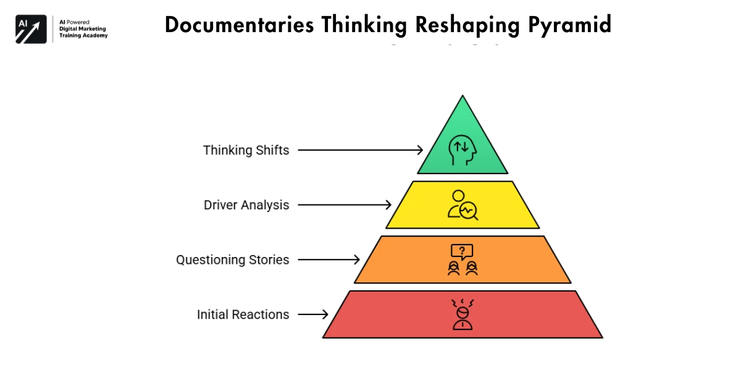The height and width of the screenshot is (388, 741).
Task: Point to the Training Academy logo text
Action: point(83,35)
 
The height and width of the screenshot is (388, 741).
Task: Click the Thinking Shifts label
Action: point(246,150)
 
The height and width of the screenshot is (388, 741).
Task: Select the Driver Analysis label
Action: point(246,205)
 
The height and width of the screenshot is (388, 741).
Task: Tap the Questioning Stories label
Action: point(232,259)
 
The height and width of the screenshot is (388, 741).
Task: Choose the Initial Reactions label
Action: point(243,314)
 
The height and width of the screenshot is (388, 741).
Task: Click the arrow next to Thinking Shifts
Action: point(360,150)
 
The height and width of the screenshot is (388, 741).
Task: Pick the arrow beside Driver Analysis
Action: point(344,205)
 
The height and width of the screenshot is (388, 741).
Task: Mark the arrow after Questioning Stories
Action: point(329,259)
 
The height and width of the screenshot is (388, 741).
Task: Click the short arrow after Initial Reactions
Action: point(312,314)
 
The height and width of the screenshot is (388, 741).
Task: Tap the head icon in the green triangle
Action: point(463,150)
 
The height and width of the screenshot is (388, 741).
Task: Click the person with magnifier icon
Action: point(463,205)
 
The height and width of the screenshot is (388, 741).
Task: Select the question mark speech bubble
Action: point(463,251)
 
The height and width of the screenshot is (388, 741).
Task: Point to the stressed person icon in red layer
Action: point(463,314)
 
